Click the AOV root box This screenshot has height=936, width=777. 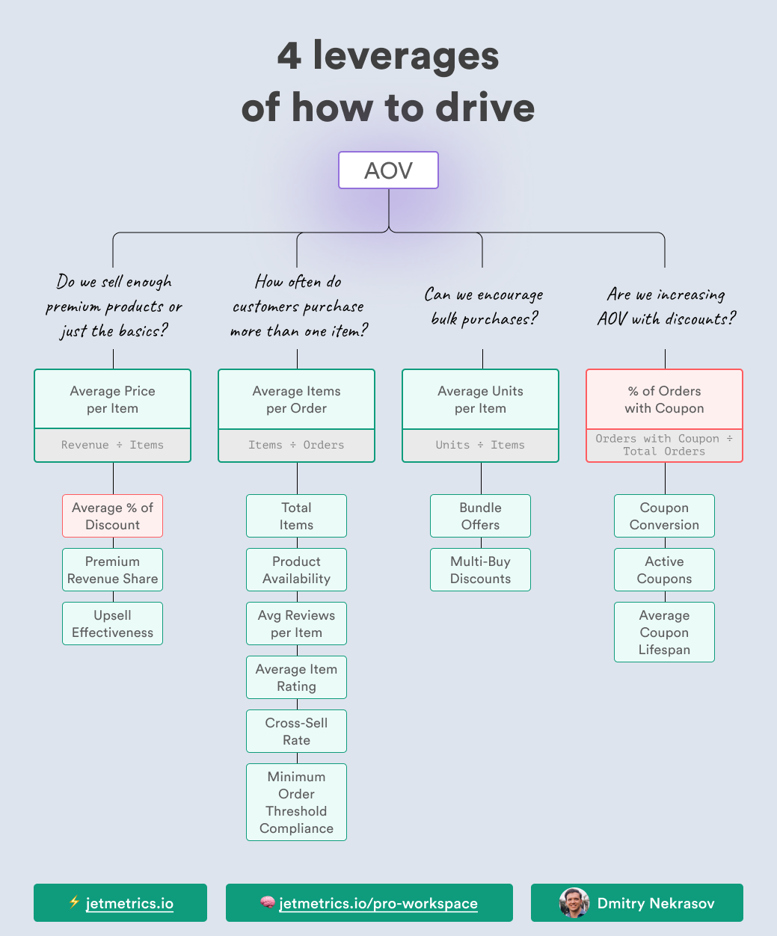click(x=388, y=170)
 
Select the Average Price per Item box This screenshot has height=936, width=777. click(x=112, y=399)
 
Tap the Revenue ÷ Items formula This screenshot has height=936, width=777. click(x=112, y=445)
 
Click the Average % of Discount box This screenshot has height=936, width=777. click(x=112, y=516)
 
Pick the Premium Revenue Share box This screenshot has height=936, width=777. click(x=112, y=570)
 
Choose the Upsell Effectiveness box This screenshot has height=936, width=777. click(x=112, y=624)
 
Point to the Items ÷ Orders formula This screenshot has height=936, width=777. click(x=296, y=445)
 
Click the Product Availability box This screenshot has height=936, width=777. click(x=296, y=570)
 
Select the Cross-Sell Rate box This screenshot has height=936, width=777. click(x=296, y=731)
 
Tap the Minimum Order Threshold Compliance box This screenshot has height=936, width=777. click(x=296, y=802)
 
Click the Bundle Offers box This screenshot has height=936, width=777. click(x=480, y=516)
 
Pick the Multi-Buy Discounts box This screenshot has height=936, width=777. click(x=480, y=570)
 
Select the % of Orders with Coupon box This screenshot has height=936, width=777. click(x=664, y=399)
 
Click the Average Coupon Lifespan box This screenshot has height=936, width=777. click(x=664, y=632)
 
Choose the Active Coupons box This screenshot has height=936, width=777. click(x=664, y=570)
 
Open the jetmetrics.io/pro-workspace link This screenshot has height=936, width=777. click(x=378, y=903)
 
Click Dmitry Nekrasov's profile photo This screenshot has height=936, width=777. click(x=574, y=903)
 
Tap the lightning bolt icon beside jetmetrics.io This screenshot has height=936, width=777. click(x=74, y=902)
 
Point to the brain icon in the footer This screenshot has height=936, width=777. click(x=267, y=903)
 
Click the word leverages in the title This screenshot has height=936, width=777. click(x=405, y=57)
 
